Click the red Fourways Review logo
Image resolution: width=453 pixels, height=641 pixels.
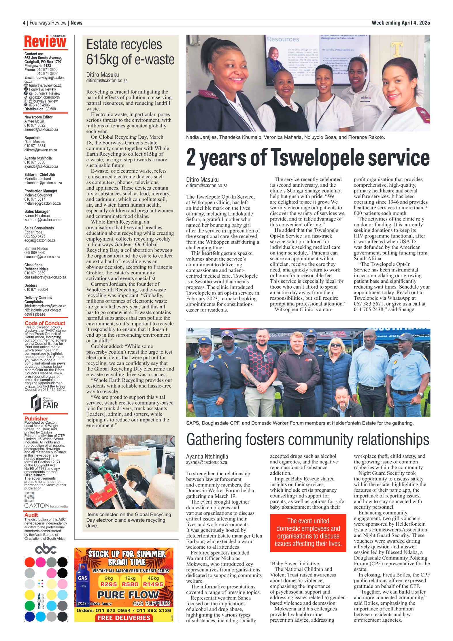(x=45, y=41)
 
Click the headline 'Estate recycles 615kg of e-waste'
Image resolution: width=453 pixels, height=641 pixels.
(x=130, y=52)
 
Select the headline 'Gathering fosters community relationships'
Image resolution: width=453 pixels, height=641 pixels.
(x=307, y=440)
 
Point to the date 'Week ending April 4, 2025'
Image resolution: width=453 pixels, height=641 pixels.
(x=401, y=23)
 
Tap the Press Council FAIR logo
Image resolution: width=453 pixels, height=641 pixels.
(x=45, y=403)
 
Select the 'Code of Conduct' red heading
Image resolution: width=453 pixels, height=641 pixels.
(x=45, y=323)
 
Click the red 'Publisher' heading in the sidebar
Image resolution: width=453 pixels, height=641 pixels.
(x=36, y=418)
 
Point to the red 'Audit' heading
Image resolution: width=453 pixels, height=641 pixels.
(x=31, y=514)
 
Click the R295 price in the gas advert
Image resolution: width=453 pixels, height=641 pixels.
(x=108, y=584)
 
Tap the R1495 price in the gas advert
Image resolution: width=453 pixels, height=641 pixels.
(x=153, y=584)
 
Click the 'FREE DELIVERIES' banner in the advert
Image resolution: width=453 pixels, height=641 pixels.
(x=124, y=618)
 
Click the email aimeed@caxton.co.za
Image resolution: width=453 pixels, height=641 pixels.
(x=41, y=129)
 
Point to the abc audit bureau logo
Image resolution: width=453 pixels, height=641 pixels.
(x=46, y=548)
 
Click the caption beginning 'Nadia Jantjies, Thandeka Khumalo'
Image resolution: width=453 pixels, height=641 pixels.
(x=285, y=137)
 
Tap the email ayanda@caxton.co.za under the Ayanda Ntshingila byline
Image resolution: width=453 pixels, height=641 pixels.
(x=207, y=462)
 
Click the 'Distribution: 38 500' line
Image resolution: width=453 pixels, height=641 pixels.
(x=40, y=109)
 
